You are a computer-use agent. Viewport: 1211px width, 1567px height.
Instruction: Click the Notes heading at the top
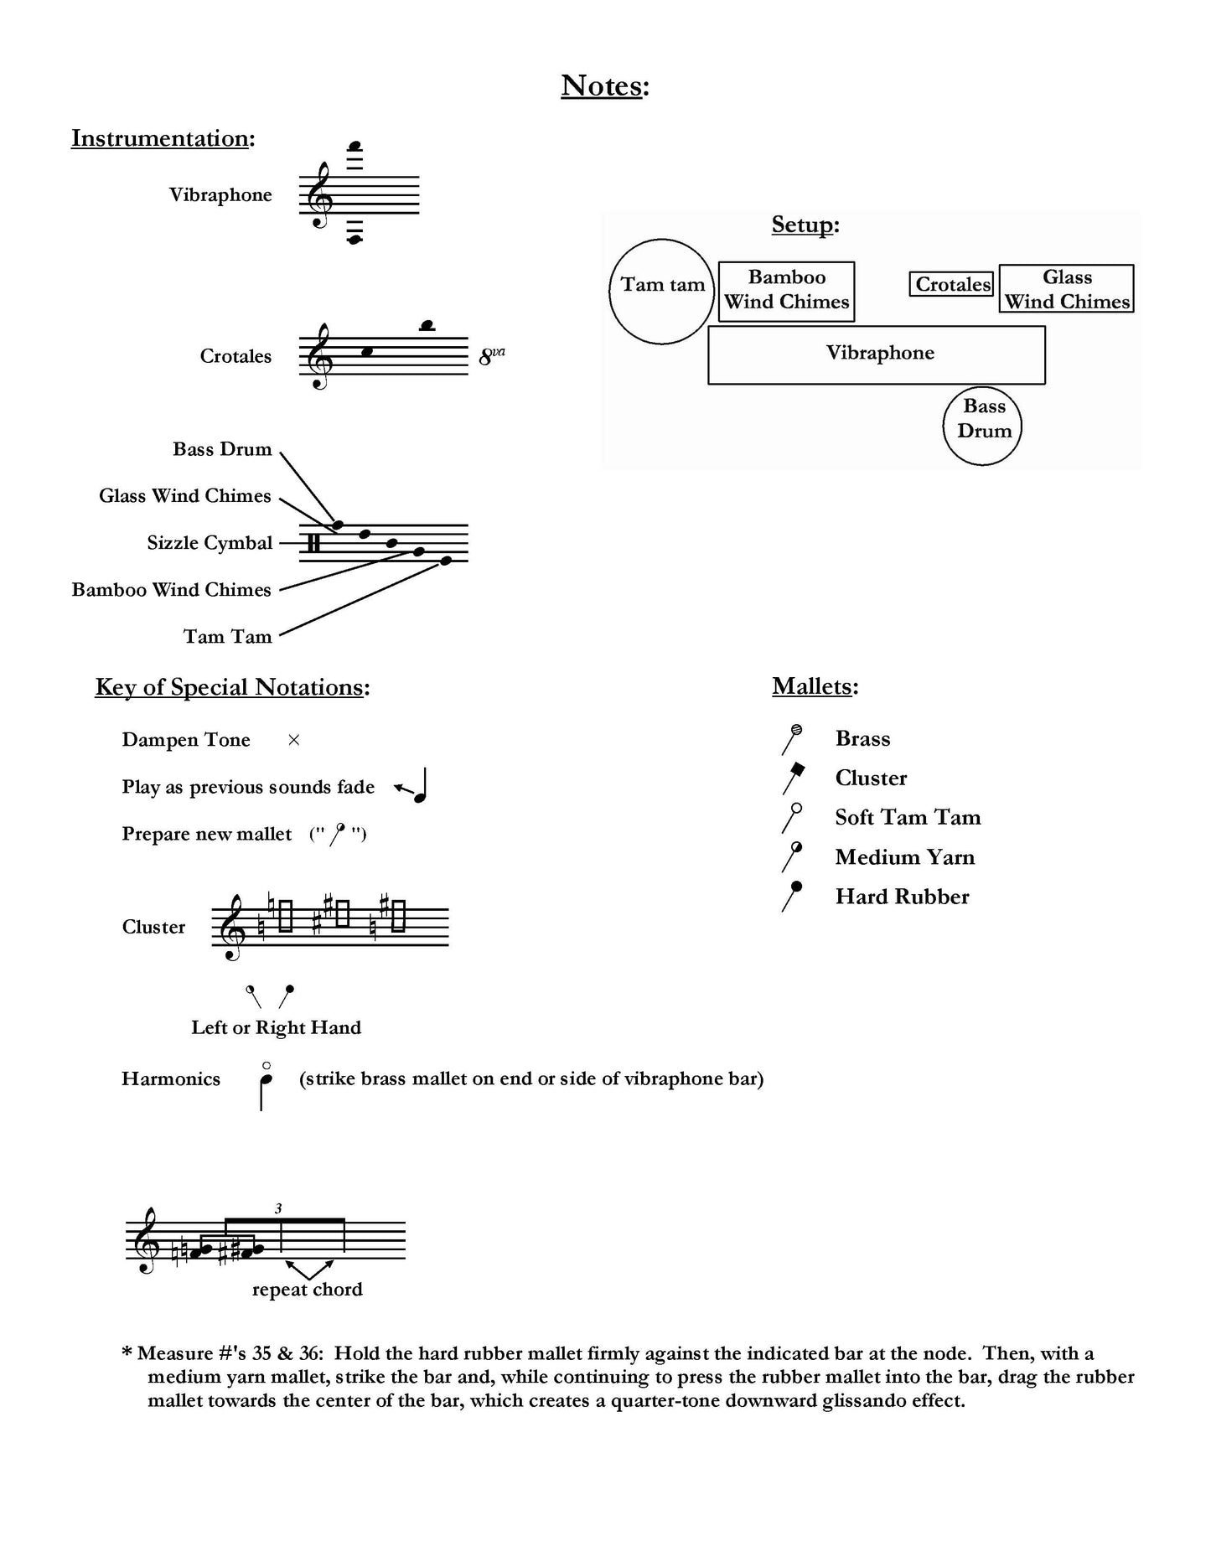[605, 85]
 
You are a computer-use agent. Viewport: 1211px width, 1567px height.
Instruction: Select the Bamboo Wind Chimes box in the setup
[786, 290]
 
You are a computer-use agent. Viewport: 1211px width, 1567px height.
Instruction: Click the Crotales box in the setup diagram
[952, 285]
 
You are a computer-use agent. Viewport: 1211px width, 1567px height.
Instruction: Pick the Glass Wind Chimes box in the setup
[1066, 289]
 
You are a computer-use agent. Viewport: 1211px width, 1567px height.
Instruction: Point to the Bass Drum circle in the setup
[982, 426]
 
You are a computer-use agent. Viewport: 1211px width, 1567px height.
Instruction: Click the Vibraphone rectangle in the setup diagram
[877, 354]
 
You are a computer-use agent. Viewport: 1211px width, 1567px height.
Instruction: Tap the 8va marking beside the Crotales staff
[491, 357]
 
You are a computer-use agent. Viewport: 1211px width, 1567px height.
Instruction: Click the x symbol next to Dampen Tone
[293, 740]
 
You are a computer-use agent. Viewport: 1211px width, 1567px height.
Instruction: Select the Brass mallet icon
[792, 738]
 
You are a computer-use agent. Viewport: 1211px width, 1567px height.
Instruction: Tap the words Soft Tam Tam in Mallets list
[908, 817]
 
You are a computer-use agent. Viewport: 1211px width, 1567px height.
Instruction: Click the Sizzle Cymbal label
[210, 543]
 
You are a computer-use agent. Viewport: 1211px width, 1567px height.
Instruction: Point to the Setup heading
[805, 225]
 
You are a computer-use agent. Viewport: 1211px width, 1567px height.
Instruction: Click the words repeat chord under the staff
[307, 1290]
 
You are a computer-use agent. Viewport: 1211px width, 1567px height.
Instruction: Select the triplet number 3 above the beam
[278, 1208]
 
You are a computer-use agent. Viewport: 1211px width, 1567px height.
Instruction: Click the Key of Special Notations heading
[232, 687]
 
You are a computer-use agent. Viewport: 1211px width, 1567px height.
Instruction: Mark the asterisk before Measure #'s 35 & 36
[127, 1352]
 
